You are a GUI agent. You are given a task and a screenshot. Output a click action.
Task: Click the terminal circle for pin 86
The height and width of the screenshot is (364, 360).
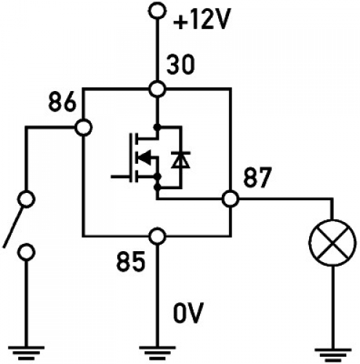click(84, 127)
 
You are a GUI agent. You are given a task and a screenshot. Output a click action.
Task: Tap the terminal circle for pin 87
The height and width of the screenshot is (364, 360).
click(231, 198)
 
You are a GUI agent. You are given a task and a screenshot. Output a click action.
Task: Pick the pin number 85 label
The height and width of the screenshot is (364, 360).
click(131, 260)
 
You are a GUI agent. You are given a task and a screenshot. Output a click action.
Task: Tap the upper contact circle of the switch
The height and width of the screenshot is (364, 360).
click(27, 199)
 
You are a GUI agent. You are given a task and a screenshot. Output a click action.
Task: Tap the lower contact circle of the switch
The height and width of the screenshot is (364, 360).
click(27, 252)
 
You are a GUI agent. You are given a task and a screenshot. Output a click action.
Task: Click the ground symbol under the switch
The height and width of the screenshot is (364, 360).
click(27, 352)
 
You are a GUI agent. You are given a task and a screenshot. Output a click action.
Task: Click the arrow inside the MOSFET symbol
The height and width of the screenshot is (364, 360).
click(145, 157)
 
